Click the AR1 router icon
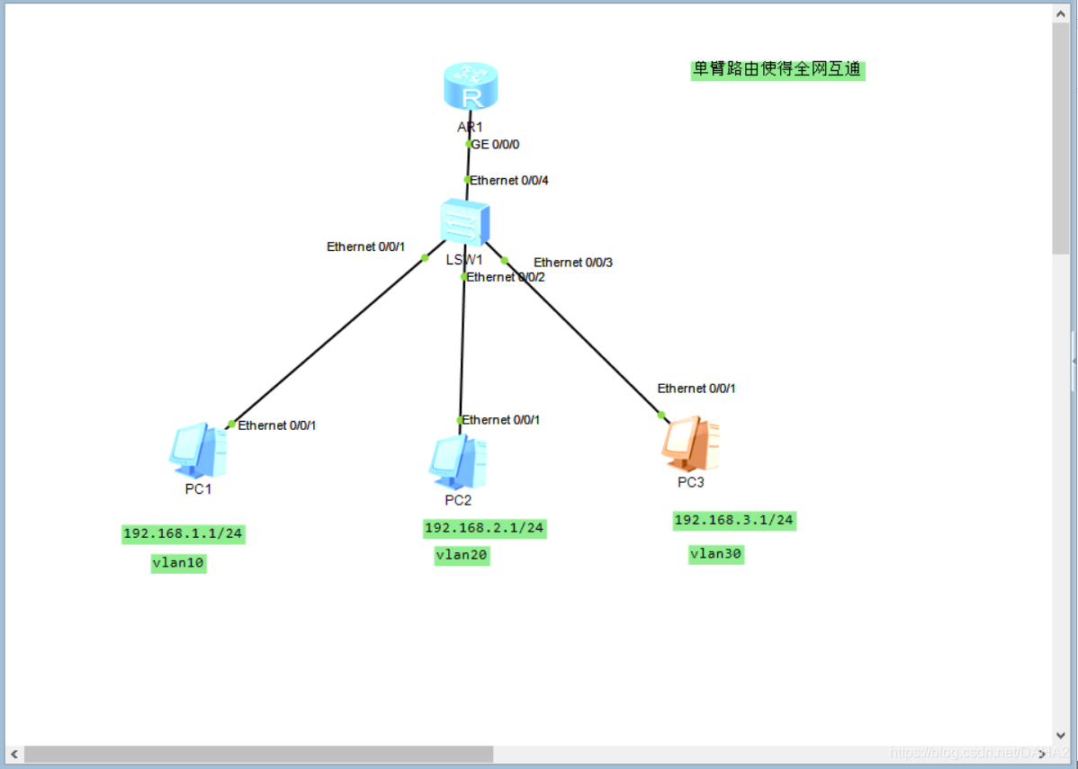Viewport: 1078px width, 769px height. click(x=470, y=88)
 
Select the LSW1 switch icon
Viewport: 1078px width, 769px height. click(x=465, y=221)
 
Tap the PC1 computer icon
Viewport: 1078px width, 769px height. click(x=198, y=449)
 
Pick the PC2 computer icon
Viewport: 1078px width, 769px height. click(x=458, y=461)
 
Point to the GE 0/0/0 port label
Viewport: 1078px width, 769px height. click(x=496, y=144)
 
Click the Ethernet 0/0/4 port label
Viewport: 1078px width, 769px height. click(x=509, y=181)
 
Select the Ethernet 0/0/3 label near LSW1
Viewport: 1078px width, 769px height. click(x=573, y=263)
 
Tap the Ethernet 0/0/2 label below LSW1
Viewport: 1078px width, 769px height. click(x=506, y=277)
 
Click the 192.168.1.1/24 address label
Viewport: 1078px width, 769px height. click(x=183, y=534)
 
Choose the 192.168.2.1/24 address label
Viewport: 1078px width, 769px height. click(x=484, y=528)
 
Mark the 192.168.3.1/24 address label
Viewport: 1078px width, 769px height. click(x=734, y=520)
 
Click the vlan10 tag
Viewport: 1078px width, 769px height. click(x=178, y=564)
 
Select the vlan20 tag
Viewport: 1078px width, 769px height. click(x=462, y=555)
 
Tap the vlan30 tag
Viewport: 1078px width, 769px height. click(x=716, y=554)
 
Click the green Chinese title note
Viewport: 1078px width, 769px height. click(x=777, y=69)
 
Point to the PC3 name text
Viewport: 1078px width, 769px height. click(x=691, y=482)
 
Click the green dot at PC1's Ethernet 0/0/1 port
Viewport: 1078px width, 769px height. click(x=231, y=424)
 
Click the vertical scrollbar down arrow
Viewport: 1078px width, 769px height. click(x=1061, y=735)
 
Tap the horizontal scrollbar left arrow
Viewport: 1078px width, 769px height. click(x=14, y=754)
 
